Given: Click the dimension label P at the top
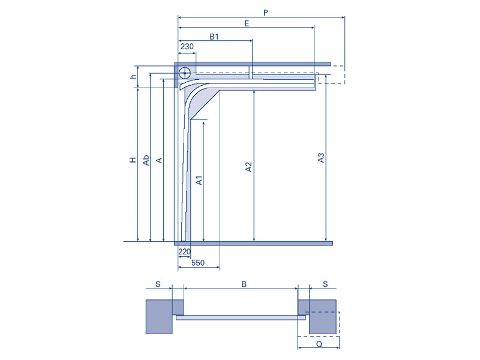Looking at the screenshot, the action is pos(265,13).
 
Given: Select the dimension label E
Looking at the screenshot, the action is pos(247,23).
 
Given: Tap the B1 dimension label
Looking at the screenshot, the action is pos(214,37).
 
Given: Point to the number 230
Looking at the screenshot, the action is pos(187,47).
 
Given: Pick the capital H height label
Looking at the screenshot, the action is pos(133,160).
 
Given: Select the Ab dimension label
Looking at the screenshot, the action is pos(146,160).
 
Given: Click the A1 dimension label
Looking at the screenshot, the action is pos(199,181).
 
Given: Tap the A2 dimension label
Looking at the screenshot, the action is pos(248,167).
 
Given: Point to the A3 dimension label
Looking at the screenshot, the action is pos(320,158).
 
